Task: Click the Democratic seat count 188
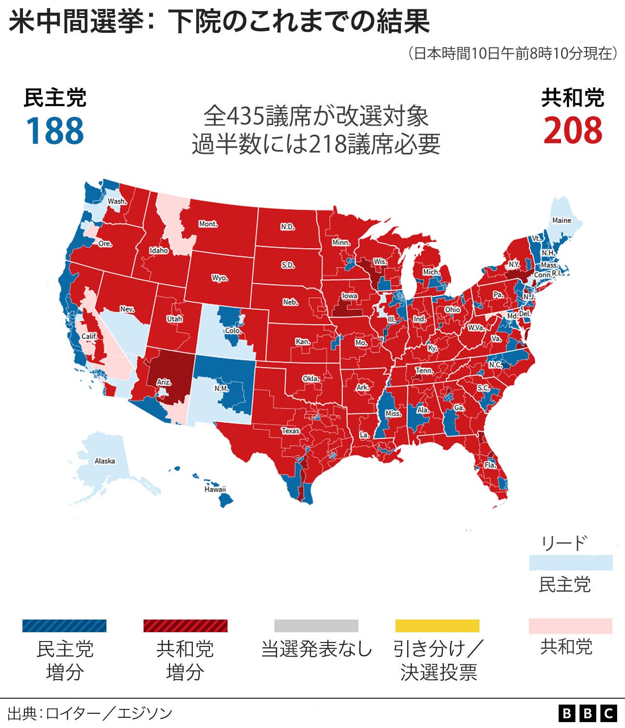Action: click(x=55, y=131)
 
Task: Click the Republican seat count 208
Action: click(x=573, y=131)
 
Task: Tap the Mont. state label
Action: click(x=208, y=224)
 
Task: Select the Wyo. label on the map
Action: click(x=220, y=278)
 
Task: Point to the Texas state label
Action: click(x=291, y=430)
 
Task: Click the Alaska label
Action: click(x=104, y=461)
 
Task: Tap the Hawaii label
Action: click(x=215, y=489)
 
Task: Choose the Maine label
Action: click(x=562, y=220)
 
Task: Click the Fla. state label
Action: click(x=490, y=465)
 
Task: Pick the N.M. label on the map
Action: click(x=221, y=388)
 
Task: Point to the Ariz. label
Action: click(x=164, y=382)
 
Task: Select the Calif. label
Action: click(x=89, y=336)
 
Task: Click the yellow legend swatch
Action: click(x=437, y=626)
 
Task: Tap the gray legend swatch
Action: click(x=316, y=626)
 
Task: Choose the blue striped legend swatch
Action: click(x=64, y=626)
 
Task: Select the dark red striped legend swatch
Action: click(x=185, y=626)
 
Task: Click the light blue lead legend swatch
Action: click(x=570, y=562)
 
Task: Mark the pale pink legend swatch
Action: click(x=570, y=626)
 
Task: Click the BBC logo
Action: click(x=587, y=713)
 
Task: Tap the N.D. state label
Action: click(x=288, y=227)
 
